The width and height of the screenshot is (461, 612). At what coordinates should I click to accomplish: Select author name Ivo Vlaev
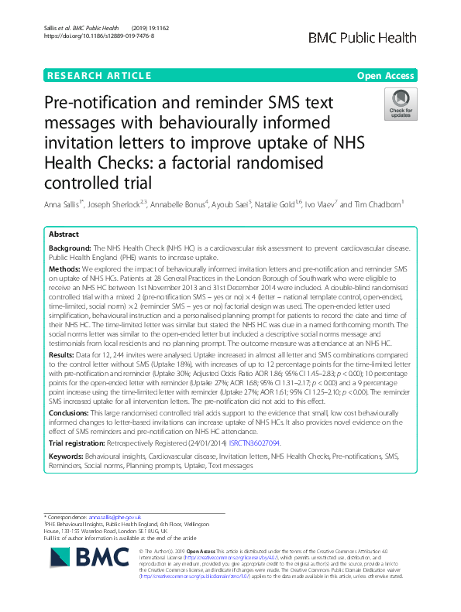[x=329, y=206]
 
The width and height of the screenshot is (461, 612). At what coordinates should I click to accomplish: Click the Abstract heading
[x=64, y=234]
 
